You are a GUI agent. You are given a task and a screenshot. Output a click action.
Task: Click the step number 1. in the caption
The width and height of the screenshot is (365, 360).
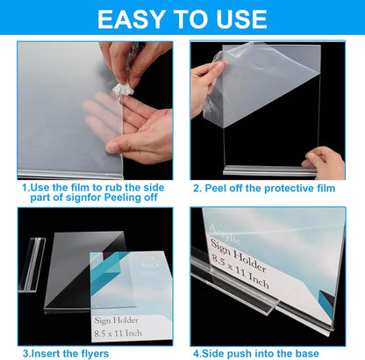point(26,187)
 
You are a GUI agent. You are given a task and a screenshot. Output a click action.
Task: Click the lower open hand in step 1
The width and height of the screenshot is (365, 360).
point(140,132)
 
